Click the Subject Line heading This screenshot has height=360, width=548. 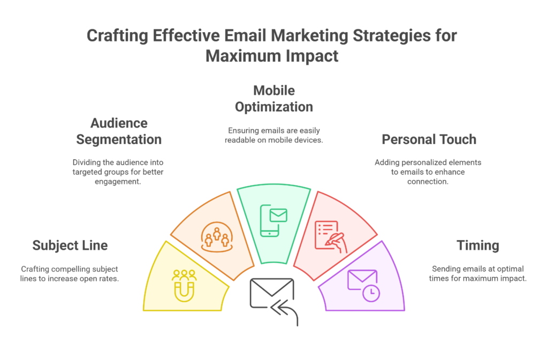[x=70, y=246]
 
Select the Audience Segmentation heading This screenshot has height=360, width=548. [x=119, y=131]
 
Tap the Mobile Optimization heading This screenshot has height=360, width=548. [x=274, y=99]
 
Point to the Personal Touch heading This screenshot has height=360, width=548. [x=429, y=139]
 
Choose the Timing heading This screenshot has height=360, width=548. [x=478, y=246]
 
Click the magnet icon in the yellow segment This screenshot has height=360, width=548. [x=184, y=286]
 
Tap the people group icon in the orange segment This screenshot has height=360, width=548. [x=217, y=237]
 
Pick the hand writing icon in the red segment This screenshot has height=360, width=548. [x=331, y=237]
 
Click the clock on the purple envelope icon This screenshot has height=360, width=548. [x=371, y=292]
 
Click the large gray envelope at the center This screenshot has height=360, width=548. [x=271, y=293]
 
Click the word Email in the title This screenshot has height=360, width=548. [x=246, y=36]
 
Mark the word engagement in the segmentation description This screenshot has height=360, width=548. [x=118, y=181]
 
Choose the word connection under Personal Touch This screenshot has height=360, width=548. [x=428, y=181]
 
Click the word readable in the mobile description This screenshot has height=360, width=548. [x=239, y=140]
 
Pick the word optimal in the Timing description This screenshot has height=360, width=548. [x=511, y=269]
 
